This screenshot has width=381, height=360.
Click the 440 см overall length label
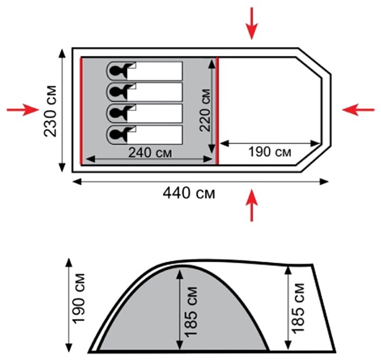tap(189, 193)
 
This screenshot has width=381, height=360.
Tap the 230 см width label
tap(50, 111)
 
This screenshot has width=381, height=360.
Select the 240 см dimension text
tap(149, 153)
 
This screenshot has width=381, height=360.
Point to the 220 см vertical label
tap(204, 110)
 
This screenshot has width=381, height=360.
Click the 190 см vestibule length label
tap(270, 152)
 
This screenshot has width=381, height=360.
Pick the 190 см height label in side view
tap(78, 299)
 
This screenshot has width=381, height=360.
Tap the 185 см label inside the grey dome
tap(191, 312)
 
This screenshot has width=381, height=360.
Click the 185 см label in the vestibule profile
tap(298, 308)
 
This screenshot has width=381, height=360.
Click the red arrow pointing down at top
tap(252, 23)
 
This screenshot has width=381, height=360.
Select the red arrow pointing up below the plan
tap(252, 205)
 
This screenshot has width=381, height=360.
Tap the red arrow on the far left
tap(23, 110)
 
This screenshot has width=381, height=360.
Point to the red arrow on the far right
tap(358, 110)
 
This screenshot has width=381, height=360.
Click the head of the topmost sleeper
tap(116, 71)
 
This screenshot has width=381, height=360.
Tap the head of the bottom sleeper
tap(116, 134)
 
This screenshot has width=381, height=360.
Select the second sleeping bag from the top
tap(145, 92)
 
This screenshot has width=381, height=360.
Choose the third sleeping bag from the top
tap(145, 113)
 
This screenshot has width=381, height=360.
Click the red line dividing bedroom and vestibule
tap(217, 111)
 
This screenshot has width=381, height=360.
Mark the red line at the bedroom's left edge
tap(81, 111)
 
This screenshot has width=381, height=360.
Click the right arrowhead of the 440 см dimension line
tap(324, 181)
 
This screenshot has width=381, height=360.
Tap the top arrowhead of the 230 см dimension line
tap(62, 53)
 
